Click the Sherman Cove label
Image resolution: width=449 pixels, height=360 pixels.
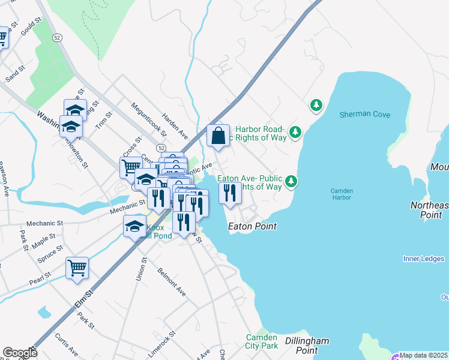point(365,115)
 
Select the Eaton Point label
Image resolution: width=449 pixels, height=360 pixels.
point(252,227)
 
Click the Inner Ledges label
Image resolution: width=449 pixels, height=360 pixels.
point(423,259)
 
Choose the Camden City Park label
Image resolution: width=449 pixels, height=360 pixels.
point(262,341)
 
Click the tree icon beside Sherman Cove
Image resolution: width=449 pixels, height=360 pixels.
point(316,106)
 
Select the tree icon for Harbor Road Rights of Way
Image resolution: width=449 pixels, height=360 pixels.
point(295,131)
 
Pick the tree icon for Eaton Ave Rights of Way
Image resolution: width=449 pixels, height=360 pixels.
point(291,181)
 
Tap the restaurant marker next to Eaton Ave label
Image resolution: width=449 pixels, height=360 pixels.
point(230,193)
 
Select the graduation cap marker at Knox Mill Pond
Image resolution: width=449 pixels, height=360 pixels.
point(135,226)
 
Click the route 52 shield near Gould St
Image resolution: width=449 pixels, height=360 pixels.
point(56,37)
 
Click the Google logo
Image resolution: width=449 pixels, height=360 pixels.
point(20,353)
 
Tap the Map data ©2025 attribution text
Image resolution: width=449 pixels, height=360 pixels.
point(423,355)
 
